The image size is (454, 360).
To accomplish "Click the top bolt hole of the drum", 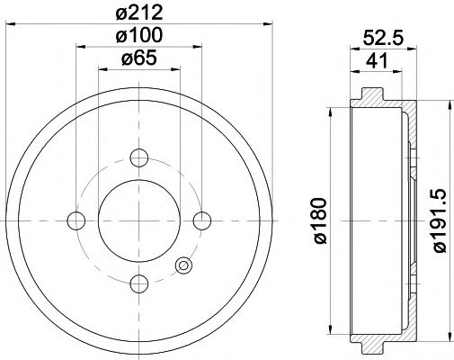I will pyautogui.click(x=138, y=157).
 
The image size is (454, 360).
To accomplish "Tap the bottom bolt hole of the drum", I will pyautogui.click(x=138, y=283).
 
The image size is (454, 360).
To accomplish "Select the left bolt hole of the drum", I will pyautogui.click(x=76, y=220).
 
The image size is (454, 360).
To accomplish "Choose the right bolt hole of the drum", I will pyautogui.click(x=201, y=220).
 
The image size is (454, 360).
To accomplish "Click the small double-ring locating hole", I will pyautogui.click(x=184, y=265).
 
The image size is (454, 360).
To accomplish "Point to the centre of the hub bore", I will pyautogui.click(x=138, y=220).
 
